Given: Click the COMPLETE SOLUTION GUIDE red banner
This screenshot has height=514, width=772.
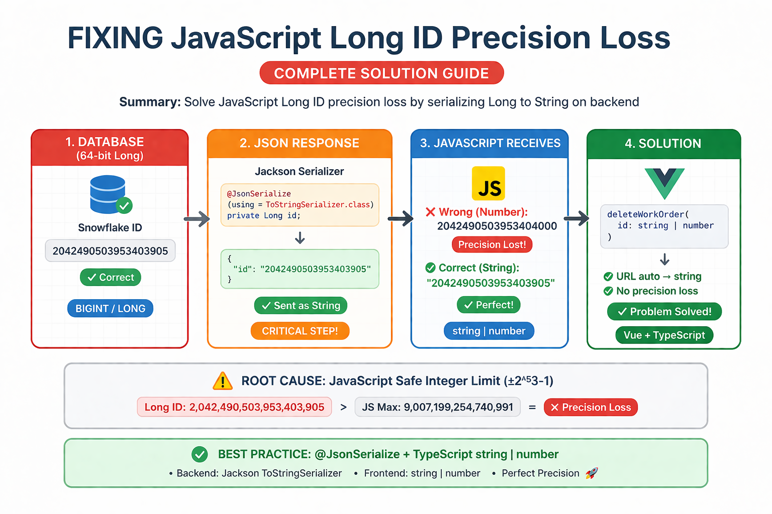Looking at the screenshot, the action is pos(381,73).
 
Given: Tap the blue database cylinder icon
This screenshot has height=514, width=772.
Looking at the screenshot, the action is pos(108,194).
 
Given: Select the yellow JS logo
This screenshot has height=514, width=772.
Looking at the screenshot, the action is pos(488,183).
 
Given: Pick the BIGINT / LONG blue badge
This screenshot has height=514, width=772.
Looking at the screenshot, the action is pos(110,308).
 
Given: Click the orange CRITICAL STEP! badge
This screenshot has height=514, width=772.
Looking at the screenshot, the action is pos(300,331).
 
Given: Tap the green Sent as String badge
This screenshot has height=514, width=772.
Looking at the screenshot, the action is pos(301,305).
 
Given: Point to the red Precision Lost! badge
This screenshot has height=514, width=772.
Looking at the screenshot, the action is pos(492,244).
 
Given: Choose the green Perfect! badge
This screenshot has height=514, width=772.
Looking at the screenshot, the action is pos(489,305).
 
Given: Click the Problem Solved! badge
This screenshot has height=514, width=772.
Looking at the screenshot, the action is pos(664,312).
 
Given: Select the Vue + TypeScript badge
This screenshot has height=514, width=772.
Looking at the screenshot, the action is pos(664,335).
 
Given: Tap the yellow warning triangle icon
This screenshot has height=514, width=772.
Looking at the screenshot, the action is pos(223,381).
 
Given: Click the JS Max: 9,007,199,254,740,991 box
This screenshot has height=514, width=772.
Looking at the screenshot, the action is pos(437,407).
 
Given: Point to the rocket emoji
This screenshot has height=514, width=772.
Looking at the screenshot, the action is pos(592,473).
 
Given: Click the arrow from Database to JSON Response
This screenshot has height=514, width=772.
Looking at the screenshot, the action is pos(197,219).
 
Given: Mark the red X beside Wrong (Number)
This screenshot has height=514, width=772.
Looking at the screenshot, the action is pos(430,212).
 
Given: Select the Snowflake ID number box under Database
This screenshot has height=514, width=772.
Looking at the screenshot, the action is pos(110,250).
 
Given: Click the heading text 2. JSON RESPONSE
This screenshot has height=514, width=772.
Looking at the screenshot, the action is pos(300,143).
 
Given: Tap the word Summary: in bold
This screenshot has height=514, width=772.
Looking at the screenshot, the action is pos(150,102).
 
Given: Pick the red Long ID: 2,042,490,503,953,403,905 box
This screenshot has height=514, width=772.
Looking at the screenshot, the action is pos(234,407).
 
